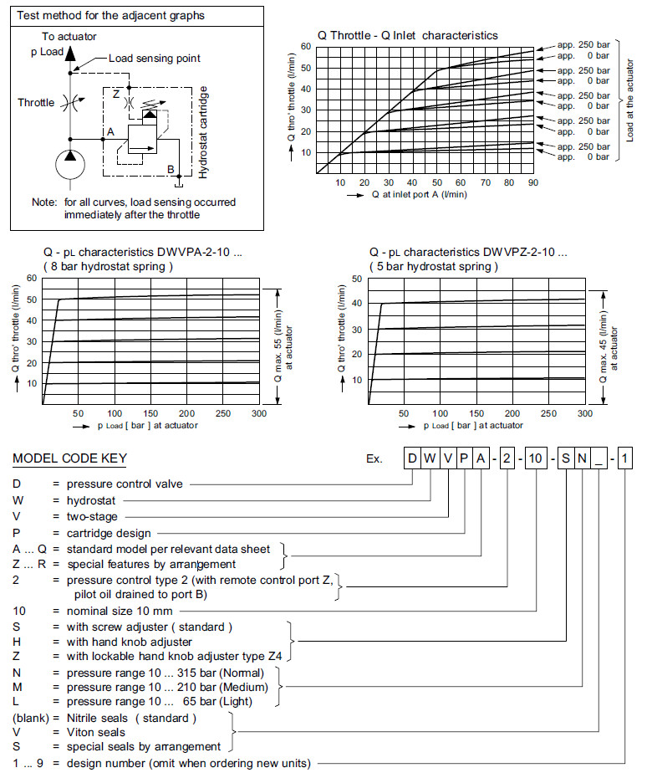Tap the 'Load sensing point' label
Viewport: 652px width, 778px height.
click(x=154, y=59)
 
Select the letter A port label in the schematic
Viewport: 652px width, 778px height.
click(x=110, y=131)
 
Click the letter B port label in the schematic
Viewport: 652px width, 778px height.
click(x=171, y=170)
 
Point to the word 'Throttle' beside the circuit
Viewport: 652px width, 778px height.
click(x=37, y=103)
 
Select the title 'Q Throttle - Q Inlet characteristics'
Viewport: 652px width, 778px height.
click(x=407, y=35)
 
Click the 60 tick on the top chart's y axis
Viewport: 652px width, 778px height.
click(x=307, y=47)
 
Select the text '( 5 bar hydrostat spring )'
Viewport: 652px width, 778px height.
click(x=433, y=267)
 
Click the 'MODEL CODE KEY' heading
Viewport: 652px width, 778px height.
click(x=69, y=459)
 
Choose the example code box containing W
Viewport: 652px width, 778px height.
click(x=431, y=458)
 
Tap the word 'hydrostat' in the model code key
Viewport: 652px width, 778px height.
click(x=89, y=500)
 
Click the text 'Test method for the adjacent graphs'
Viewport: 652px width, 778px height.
click(x=110, y=16)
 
